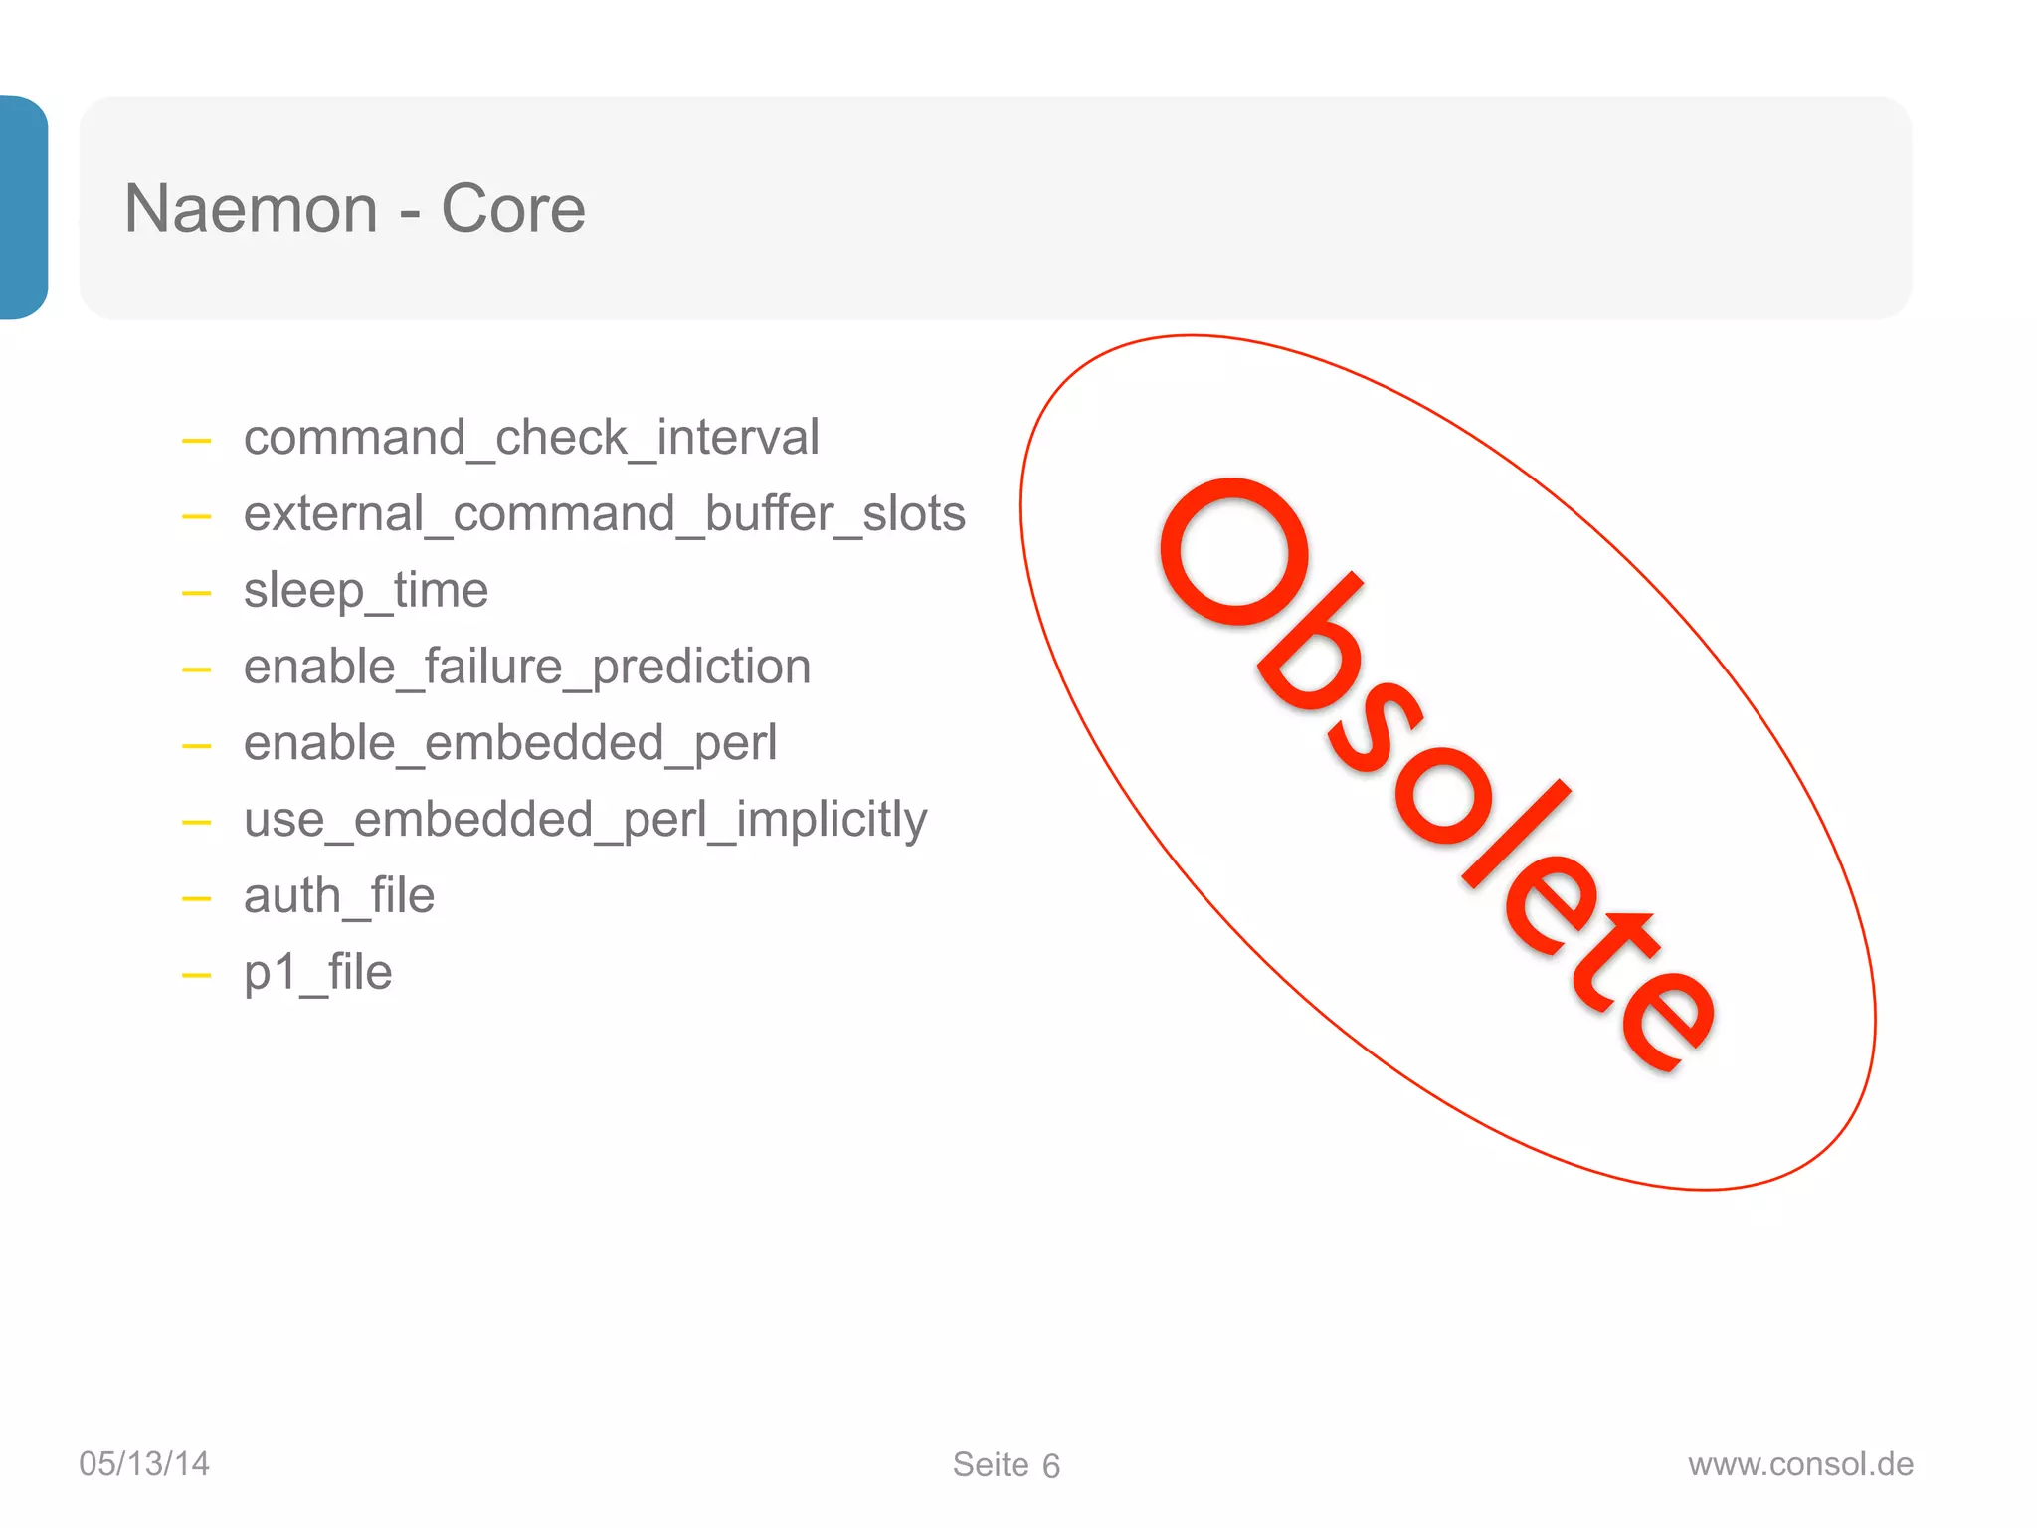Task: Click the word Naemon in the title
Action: pos(251,209)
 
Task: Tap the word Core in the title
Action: pos(512,209)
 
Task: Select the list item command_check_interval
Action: pos(531,438)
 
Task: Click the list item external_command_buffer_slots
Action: pos(604,514)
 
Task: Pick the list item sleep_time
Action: pos(365,591)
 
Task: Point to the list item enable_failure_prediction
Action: pos(526,667)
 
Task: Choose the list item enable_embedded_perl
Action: pos(509,743)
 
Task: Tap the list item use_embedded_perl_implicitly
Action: pos(585,820)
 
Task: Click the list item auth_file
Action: pos(338,896)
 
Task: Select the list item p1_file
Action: pos(317,972)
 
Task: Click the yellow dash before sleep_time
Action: pos(197,594)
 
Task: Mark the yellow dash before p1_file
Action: pos(197,976)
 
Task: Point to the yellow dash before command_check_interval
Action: pos(197,441)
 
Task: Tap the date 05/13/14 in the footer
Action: pos(144,1463)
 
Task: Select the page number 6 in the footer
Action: pos(1051,1466)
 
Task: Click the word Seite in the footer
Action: pos(991,1464)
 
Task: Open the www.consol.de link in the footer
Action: pos(1800,1464)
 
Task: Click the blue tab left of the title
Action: pos(23,208)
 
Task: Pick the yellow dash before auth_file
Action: pos(197,899)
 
